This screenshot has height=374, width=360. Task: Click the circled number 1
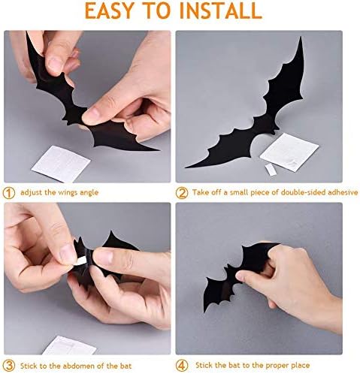[x=9, y=192]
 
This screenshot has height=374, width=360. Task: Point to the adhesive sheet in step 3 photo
[x=69, y=346]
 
